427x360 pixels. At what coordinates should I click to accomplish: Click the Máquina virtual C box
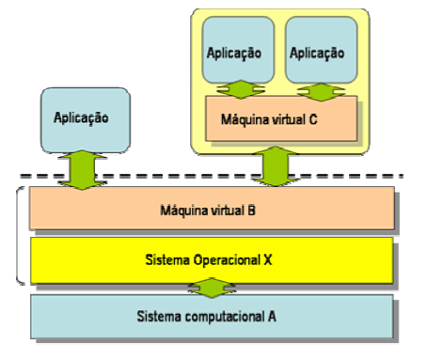click(x=281, y=119)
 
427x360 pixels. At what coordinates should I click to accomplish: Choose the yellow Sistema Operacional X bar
click(x=211, y=257)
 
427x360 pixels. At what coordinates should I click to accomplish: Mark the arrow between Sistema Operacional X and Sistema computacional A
click(x=211, y=286)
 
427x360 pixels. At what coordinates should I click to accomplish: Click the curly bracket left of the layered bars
click(x=21, y=235)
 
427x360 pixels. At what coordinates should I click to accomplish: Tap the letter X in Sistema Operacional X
click(x=271, y=258)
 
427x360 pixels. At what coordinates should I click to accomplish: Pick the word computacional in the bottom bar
click(x=228, y=316)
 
